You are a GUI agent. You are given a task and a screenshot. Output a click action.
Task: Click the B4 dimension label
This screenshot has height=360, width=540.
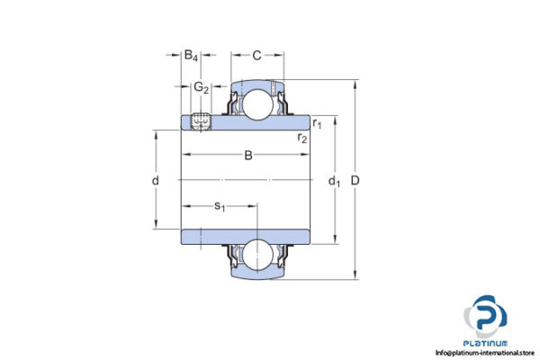[x=191, y=56]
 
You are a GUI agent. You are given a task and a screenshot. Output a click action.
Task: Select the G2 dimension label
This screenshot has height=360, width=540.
[x=201, y=87]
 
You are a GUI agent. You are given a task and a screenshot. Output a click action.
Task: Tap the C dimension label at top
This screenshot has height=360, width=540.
[x=256, y=56]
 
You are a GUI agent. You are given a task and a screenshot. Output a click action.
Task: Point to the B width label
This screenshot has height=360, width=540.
[x=248, y=156]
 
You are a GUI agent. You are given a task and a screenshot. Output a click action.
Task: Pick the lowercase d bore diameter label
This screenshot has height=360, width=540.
[x=156, y=181]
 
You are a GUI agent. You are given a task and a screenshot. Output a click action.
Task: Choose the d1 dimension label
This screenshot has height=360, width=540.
[x=334, y=182]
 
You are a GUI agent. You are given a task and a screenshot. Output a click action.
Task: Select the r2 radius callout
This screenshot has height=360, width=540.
[x=303, y=137]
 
